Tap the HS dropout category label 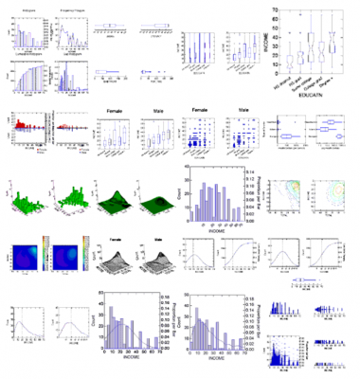coord(285,82)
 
